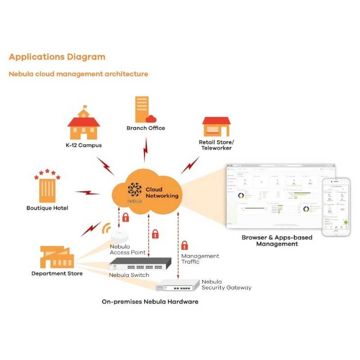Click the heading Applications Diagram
pyautogui.click(x=57, y=57)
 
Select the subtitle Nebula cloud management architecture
pyautogui.click(x=78, y=74)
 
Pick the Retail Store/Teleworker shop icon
pyautogui.click(x=216, y=126)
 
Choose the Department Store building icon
pyautogui.click(x=55, y=257)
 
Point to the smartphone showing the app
pyautogui.click(x=336, y=206)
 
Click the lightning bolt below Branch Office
pyautogui.click(x=146, y=150)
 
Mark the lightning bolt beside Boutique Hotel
pyautogui.click(x=87, y=193)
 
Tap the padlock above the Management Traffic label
pyautogui.click(x=184, y=246)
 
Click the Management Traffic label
pyautogui.click(x=200, y=259)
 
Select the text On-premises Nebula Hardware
pyautogui.click(x=150, y=301)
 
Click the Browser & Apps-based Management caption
pyautogui.click(x=277, y=240)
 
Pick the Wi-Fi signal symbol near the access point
pyautogui.click(x=106, y=228)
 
